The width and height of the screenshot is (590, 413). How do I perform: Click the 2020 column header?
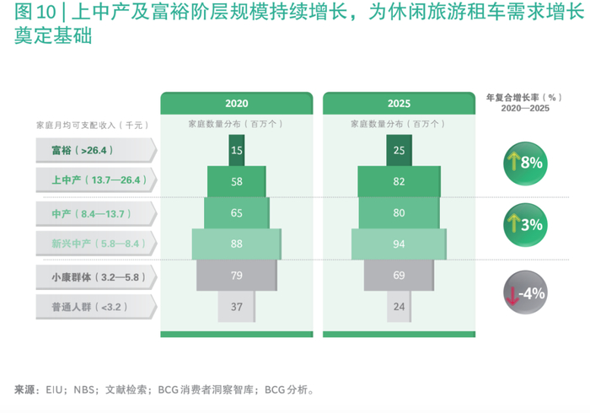237,103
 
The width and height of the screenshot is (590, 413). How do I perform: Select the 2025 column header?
399,103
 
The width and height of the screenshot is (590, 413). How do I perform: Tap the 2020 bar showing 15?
237,150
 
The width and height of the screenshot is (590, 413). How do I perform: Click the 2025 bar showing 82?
399,181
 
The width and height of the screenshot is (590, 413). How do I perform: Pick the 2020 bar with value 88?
237,244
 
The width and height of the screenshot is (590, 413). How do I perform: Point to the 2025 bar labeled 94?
399,244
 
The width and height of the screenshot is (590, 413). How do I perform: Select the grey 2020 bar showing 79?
237,275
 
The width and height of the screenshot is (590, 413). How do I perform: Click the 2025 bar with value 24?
399,306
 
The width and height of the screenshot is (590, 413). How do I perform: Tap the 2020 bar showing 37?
237,306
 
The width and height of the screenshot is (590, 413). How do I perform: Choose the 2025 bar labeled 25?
399,150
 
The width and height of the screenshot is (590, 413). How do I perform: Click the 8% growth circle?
525,164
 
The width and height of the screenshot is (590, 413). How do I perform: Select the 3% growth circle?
525,225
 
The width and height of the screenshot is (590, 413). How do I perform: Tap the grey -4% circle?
525,292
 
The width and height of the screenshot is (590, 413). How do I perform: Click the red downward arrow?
512,295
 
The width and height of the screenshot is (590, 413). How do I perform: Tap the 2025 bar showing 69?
399,275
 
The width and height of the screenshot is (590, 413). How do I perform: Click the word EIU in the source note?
54,389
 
